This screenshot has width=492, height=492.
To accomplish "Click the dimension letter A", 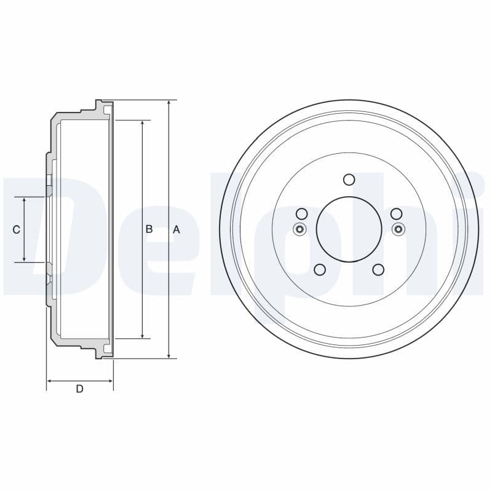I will click(176, 229).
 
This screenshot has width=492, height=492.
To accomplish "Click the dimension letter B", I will click(149, 229).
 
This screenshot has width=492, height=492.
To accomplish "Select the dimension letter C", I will click(17, 229).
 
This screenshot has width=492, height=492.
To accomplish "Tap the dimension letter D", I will click(79, 389).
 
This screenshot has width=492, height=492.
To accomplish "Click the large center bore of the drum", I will click(349, 229).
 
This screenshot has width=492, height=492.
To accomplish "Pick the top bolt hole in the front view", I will click(349, 180).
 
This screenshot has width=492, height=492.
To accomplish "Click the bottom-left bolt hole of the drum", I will click(319, 269).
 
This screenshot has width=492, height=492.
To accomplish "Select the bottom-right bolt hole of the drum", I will click(378, 269).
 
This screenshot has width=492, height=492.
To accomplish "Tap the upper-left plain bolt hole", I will click(301, 213).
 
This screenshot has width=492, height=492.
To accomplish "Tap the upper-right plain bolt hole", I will click(397, 213).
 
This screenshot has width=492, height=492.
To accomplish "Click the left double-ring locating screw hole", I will click(300, 229).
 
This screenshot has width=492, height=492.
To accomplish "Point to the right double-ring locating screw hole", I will click(398, 229).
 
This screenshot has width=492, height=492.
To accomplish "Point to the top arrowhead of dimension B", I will click(143, 123).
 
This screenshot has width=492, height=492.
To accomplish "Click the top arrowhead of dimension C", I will click(24, 201).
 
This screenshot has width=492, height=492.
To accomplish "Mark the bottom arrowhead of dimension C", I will click(24, 258).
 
